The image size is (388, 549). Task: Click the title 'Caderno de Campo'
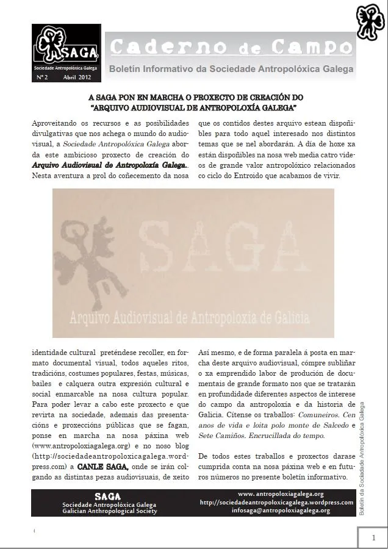(x=231, y=47)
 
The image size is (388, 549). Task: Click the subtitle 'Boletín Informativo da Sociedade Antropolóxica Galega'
(x=231, y=70)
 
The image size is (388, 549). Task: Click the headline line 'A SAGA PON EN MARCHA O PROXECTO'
(x=193, y=98)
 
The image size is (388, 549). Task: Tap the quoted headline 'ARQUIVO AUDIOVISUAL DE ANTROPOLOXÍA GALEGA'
(x=193, y=107)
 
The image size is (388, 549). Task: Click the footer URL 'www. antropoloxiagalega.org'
(x=281, y=494)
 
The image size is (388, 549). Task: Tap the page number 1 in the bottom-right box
(x=372, y=537)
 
